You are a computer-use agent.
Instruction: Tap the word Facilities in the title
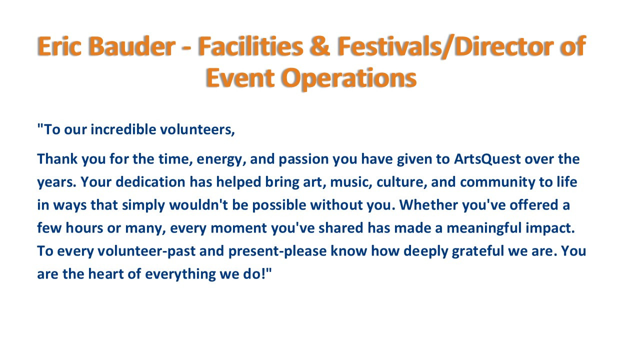251,46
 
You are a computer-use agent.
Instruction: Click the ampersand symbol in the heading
320,46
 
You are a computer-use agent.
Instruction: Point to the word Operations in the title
349,78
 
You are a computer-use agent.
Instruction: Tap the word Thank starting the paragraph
57,159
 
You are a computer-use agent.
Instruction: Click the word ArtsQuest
487,159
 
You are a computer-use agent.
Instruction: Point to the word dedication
150,182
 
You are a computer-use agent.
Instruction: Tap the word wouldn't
198,205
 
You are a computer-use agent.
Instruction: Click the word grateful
477,251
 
